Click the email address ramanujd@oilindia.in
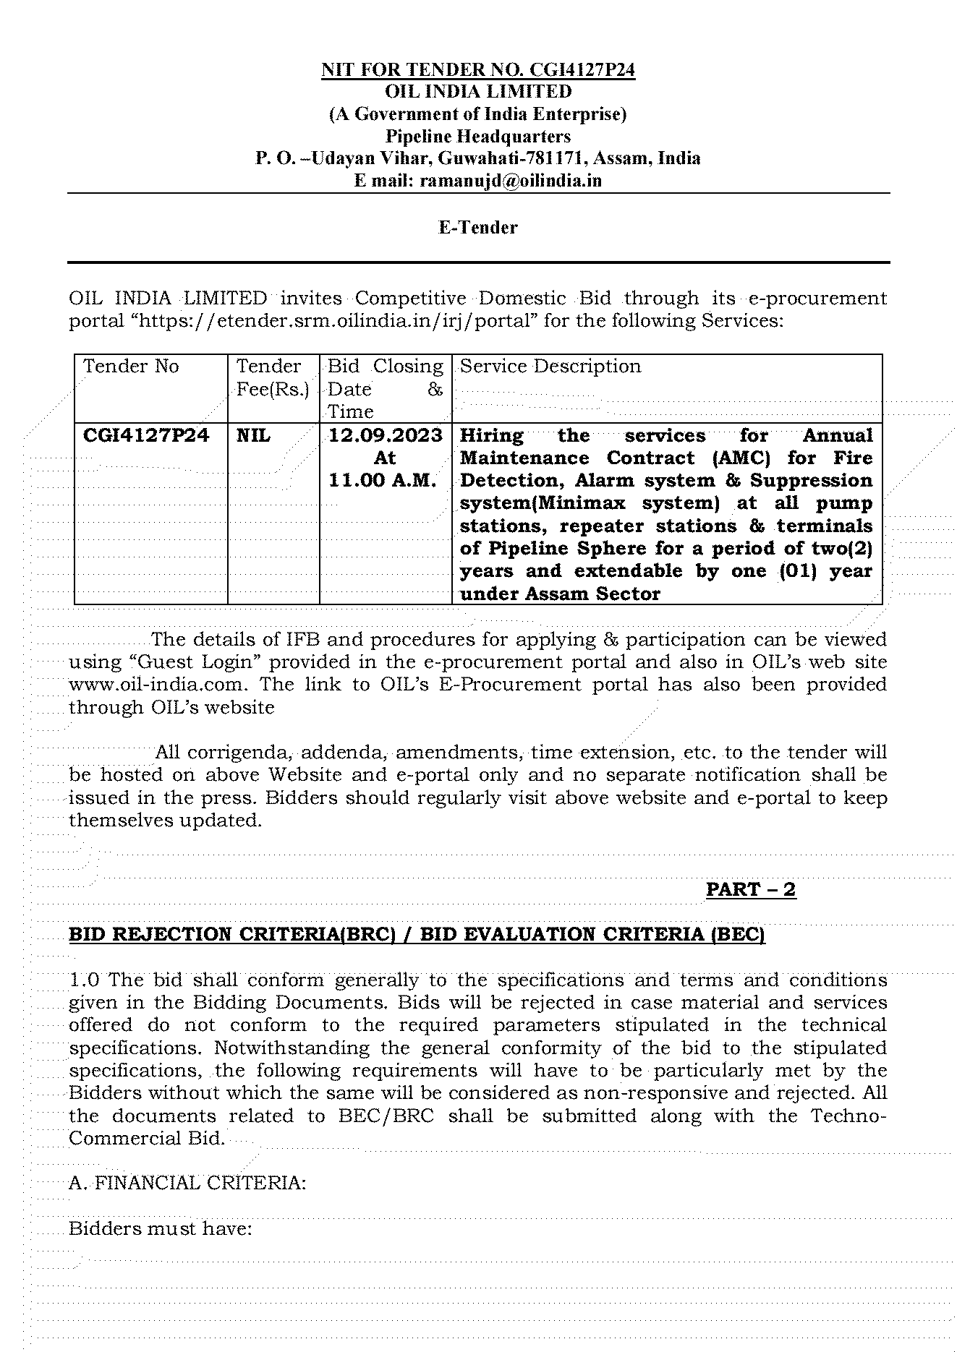tap(510, 181)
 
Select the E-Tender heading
tap(478, 228)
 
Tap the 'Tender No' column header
tap(131, 367)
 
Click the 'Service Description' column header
tap(550, 367)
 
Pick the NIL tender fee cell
tap(253, 435)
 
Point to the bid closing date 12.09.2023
tap(386, 435)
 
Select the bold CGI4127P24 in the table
tap(146, 435)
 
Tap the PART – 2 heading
tap(750, 889)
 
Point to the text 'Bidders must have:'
tap(160, 1228)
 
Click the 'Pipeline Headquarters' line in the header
tap(477, 136)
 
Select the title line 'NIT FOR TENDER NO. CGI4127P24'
tap(478, 70)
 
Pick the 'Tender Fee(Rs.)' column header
tap(273, 378)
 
